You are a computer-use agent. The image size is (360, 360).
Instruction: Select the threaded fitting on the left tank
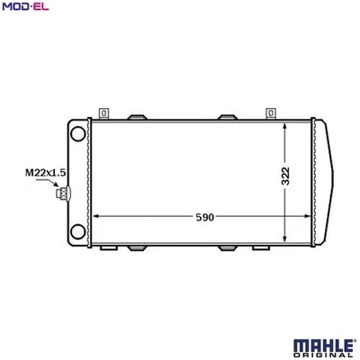pos(62,192)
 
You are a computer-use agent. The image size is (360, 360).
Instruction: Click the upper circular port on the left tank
pos(77,133)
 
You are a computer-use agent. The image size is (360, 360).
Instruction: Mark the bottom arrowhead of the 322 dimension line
pos(285,240)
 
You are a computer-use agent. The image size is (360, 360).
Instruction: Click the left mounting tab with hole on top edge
pos(105,112)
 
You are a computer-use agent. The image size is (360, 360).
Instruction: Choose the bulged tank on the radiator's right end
pos(330,180)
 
